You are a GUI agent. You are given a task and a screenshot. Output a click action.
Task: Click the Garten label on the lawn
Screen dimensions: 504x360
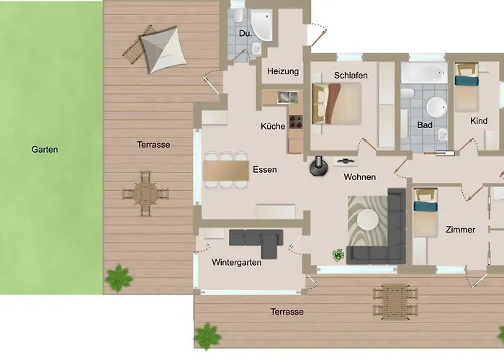pyautogui.click(x=45, y=150)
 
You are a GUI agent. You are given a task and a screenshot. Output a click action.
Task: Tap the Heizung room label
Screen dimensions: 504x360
pyautogui.click(x=283, y=71)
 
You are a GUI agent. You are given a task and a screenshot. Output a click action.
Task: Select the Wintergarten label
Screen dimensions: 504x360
pyautogui.click(x=237, y=262)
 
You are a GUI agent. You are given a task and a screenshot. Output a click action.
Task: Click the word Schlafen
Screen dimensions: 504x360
pyautogui.click(x=351, y=75)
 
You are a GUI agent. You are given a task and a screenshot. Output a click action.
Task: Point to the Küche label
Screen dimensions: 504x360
pyautogui.click(x=273, y=126)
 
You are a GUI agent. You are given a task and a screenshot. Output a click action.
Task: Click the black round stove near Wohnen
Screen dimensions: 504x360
pyautogui.click(x=319, y=166)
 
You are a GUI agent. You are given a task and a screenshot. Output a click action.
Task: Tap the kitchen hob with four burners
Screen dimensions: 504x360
pyautogui.click(x=296, y=122)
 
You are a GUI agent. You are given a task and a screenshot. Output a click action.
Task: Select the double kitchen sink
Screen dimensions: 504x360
pyautogui.click(x=288, y=97)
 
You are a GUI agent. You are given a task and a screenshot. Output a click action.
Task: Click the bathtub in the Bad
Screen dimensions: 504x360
pyautogui.click(x=424, y=73)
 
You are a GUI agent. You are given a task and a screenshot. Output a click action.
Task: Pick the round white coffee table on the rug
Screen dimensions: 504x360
pyautogui.click(x=368, y=220)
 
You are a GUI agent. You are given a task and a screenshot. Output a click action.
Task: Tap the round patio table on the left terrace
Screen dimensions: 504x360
pyautogui.click(x=145, y=194)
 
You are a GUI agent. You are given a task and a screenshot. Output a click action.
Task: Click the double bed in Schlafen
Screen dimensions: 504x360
pyautogui.click(x=336, y=104)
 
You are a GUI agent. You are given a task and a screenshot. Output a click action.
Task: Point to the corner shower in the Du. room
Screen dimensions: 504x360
pyautogui.click(x=261, y=24)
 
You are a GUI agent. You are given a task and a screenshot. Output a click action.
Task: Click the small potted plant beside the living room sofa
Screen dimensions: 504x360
pyautogui.click(x=338, y=255)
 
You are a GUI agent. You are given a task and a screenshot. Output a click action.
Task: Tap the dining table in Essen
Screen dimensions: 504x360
pyautogui.click(x=226, y=171)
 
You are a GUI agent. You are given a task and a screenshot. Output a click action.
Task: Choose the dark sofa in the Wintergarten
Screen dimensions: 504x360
pyautogui.click(x=256, y=242)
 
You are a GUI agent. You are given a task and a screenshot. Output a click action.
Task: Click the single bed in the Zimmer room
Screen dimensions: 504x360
pyautogui.click(x=426, y=212)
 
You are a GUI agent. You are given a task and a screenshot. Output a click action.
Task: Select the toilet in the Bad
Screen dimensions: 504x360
pyautogui.click(x=408, y=93)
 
